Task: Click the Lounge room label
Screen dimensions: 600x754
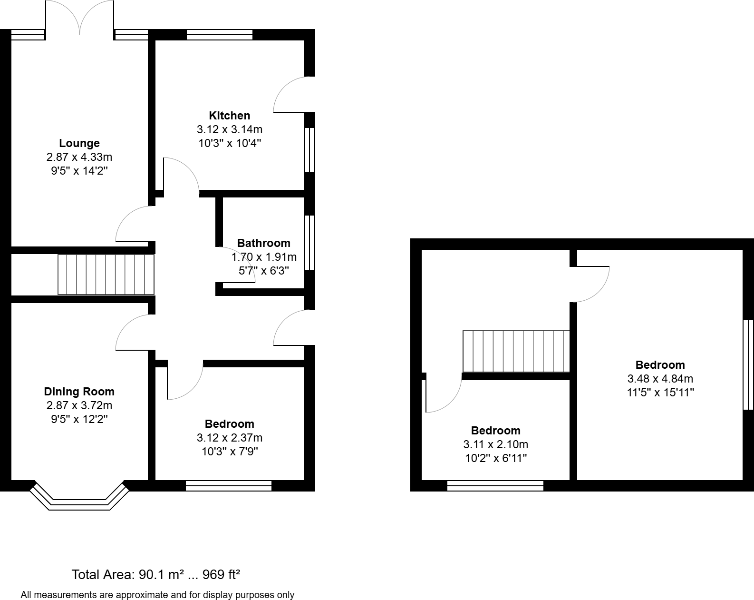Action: pyautogui.click(x=79, y=143)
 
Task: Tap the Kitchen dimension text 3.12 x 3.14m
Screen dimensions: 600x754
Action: pyautogui.click(x=230, y=129)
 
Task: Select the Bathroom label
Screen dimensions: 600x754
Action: pyautogui.click(x=263, y=243)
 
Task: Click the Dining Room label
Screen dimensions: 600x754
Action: pyautogui.click(x=79, y=392)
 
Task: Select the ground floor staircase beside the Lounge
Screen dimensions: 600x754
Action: pyautogui.click(x=106, y=275)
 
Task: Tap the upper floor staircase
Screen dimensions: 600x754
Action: pyautogui.click(x=516, y=351)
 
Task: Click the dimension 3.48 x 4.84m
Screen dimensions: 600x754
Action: pyautogui.click(x=660, y=379)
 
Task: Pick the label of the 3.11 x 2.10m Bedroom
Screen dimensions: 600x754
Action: pyautogui.click(x=495, y=431)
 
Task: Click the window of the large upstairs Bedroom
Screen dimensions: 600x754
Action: pyautogui.click(x=748, y=364)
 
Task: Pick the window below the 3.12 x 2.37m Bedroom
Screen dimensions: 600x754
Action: pyautogui.click(x=228, y=485)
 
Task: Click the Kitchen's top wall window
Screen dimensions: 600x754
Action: pyautogui.click(x=219, y=34)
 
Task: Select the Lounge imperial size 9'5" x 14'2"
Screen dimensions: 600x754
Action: pyautogui.click(x=79, y=171)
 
